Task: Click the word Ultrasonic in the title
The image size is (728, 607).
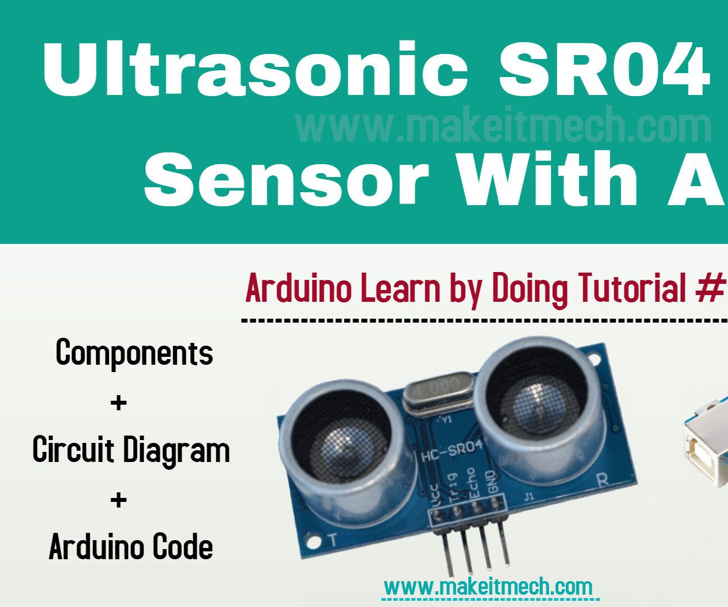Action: pyautogui.click(x=256, y=71)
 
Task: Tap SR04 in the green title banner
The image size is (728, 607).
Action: pyautogui.click(x=604, y=71)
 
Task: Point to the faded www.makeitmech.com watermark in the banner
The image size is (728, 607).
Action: pyautogui.click(x=503, y=127)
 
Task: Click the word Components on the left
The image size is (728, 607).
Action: pyautogui.click(x=135, y=353)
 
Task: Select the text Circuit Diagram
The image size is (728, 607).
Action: pyautogui.click(x=131, y=450)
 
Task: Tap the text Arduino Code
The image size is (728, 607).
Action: pyautogui.click(x=131, y=547)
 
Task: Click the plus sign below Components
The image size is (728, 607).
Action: pyautogui.click(x=119, y=403)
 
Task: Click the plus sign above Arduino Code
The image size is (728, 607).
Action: pyautogui.click(x=119, y=500)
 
